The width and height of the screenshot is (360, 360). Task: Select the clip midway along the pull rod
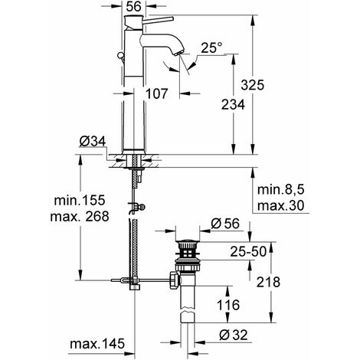[136, 205]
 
